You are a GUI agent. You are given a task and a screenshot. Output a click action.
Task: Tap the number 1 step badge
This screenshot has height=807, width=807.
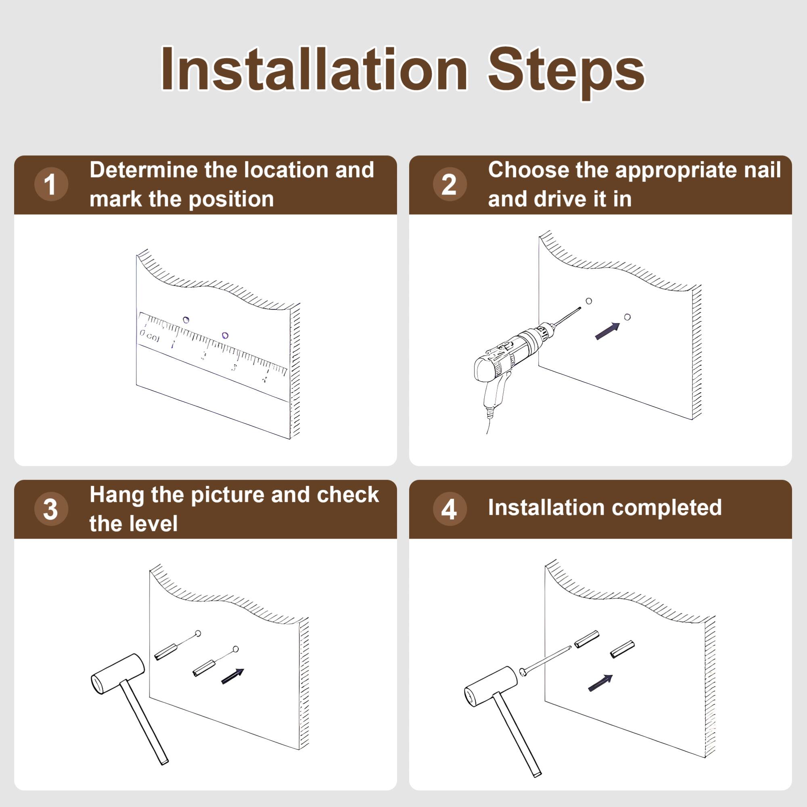pos(51,184)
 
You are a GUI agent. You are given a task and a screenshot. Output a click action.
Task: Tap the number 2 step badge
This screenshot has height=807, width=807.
pos(449,184)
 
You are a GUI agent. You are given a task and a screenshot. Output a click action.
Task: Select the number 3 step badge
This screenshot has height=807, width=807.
pos(51,509)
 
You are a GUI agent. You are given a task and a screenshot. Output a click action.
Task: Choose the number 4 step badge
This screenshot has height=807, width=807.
pos(449,509)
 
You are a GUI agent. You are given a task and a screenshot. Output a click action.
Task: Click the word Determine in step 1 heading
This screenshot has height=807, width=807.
pos(143,170)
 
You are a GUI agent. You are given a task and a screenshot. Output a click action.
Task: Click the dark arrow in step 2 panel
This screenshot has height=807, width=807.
pos(607,331)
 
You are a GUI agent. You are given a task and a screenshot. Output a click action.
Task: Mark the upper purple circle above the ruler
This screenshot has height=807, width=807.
pos(186,320)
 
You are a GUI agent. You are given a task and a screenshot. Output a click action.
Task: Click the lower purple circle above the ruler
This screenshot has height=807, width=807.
pos(225,335)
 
